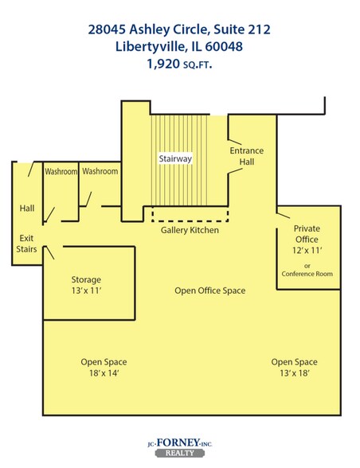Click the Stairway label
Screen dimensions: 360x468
point(175,158)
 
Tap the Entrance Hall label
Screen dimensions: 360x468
point(247,156)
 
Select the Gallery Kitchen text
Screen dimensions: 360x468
point(190,230)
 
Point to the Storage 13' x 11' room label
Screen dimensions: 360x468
point(86,285)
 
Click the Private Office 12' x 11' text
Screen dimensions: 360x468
point(307,240)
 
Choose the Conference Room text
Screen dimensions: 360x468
point(307,274)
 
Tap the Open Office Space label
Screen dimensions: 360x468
point(210,291)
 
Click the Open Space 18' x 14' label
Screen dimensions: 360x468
point(104,368)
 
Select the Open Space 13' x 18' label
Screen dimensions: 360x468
point(294,368)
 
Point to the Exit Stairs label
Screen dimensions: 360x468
point(26,244)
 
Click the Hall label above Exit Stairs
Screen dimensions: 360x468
point(27,208)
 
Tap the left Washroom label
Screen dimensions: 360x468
point(61,172)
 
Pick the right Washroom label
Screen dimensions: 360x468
point(100,171)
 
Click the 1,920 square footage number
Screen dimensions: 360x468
point(163,64)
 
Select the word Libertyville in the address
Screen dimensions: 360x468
point(151,46)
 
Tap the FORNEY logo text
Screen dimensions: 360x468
point(178,443)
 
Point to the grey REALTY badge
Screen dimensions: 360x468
point(180,453)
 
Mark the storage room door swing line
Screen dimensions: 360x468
point(49,252)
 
